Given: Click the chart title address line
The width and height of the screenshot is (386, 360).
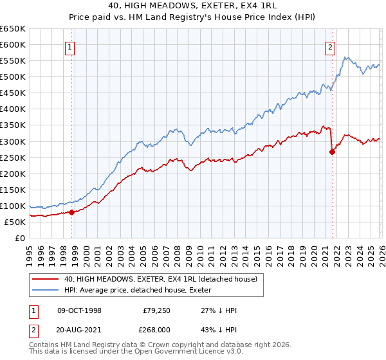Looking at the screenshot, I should [192, 5].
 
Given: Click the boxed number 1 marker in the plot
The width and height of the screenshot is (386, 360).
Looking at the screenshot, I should [68, 46].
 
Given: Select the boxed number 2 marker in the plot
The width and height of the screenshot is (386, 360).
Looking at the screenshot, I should [330, 46].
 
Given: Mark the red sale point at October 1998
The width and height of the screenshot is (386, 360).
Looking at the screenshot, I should [72, 212].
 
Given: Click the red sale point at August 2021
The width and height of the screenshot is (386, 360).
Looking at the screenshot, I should [332, 152].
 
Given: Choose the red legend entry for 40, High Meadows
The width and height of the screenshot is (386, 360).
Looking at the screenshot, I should [161, 279].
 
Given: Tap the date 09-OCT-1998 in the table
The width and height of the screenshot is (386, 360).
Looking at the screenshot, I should [80, 310].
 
